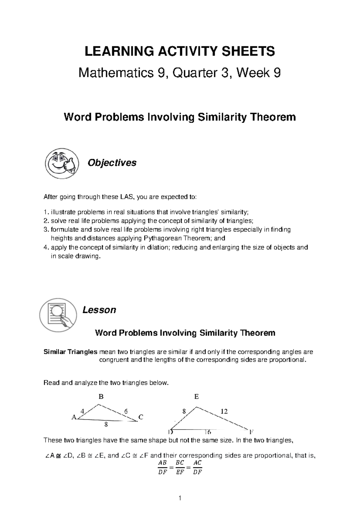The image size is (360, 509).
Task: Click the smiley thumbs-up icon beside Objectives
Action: coord(62,163)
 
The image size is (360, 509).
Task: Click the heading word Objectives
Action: coord(112,163)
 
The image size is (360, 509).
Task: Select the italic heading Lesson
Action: coord(99,310)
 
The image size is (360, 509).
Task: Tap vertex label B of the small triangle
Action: coord(101,397)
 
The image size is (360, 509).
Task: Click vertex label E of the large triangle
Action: coord(196,397)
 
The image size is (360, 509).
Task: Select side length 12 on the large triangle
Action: coord(224,411)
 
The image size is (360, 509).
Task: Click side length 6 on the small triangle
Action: coord(126,411)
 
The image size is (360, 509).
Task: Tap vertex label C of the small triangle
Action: coord(141,417)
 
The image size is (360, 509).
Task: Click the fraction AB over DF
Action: coord(162,467)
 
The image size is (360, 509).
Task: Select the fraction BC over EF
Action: coord(180,467)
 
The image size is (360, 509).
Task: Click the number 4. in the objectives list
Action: coord(46,248)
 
